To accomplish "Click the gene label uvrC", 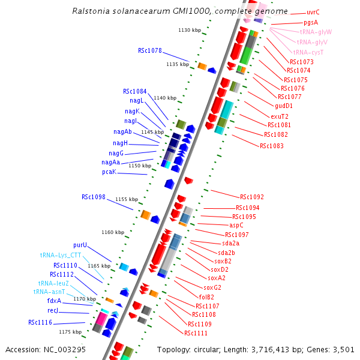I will pos(313,12).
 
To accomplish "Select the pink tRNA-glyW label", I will pos(316,32).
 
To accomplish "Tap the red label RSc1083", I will pos(272,146).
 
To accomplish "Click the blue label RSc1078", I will pos(150,51).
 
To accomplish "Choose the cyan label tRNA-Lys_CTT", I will pos(61,255).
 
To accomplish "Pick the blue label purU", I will pos(80,245).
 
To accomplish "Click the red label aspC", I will pos(236,225).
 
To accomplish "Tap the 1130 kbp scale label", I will pos(190,30).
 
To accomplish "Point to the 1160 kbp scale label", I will pos(112,232).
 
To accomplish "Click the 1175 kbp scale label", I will pos(70,331).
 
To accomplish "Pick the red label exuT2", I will pos(280,116).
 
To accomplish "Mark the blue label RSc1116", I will pos(40,322).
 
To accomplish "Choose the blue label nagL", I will pos(137,101).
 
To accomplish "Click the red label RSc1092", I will pos(252,197).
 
